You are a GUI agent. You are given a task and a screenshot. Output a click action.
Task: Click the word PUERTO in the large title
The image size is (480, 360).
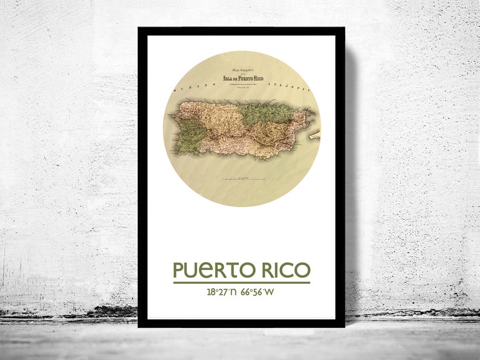click(212, 270)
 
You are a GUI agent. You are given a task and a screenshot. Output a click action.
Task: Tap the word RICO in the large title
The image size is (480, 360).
click(284, 270)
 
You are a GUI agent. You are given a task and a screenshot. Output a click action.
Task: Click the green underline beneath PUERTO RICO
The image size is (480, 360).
click(241, 282)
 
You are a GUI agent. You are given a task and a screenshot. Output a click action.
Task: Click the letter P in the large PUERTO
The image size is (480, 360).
click(179, 270)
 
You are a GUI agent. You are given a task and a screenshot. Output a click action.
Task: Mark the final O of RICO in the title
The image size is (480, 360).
click(303, 270)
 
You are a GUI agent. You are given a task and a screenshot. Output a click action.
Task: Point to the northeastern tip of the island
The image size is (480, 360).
click(310, 112)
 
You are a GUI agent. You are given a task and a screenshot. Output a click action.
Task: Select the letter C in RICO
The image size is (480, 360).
click(287, 270)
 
